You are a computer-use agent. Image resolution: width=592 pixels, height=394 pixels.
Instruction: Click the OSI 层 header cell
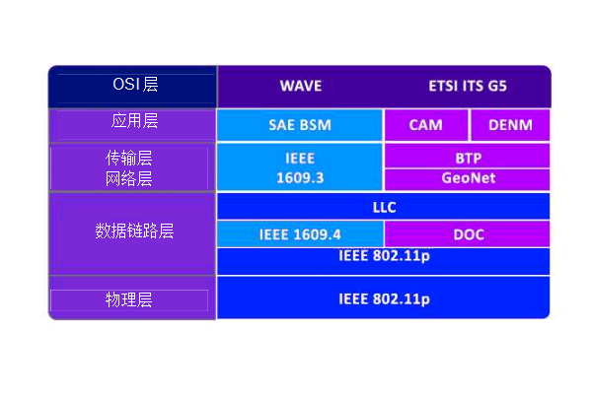pyautogui.click(x=132, y=87)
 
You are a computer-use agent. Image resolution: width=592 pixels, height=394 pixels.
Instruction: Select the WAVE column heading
pyautogui.click(x=301, y=86)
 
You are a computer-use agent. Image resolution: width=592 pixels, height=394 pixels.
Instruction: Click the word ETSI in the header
pyautogui.click(x=443, y=86)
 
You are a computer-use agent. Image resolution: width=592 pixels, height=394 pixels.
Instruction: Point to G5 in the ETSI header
pyautogui.click(x=497, y=86)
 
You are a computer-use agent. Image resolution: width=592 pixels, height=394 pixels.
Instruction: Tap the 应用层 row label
pyautogui.click(x=134, y=120)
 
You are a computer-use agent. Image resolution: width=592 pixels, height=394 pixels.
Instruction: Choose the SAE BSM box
pyautogui.click(x=300, y=125)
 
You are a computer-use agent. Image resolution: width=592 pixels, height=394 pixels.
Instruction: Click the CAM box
pyautogui.click(x=426, y=125)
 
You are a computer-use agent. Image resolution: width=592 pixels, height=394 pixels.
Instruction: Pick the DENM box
pyautogui.click(x=510, y=125)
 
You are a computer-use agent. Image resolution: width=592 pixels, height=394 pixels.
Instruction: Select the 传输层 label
pyautogui.click(x=128, y=158)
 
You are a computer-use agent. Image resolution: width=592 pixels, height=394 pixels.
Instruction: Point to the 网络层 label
pyautogui.click(x=128, y=178)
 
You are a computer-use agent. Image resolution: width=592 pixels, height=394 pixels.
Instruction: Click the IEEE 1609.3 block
pyautogui.click(x=300, y=167)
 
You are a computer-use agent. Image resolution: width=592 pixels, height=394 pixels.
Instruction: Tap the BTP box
pyautogui.click(x=467, y=156)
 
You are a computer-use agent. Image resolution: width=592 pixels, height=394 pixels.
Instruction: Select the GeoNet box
pyautogui.click(x=467, y=179)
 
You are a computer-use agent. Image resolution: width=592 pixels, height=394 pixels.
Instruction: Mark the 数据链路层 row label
pyautogui.click(x=134, y=230)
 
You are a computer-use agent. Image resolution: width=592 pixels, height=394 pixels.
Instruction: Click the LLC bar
pyautogui.click(x=383, y=206)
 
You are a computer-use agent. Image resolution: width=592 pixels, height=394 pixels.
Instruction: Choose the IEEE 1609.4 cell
pyautogui.click(x=300, y=234)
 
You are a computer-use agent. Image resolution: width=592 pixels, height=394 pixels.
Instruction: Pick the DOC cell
pyautogui.click(x=467, y=234)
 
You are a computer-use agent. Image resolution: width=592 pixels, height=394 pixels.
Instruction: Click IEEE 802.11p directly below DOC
pyautogui.click(x=383, y=261)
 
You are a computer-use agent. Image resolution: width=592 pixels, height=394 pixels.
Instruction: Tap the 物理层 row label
pyautogui.click(x=128, y=300)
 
